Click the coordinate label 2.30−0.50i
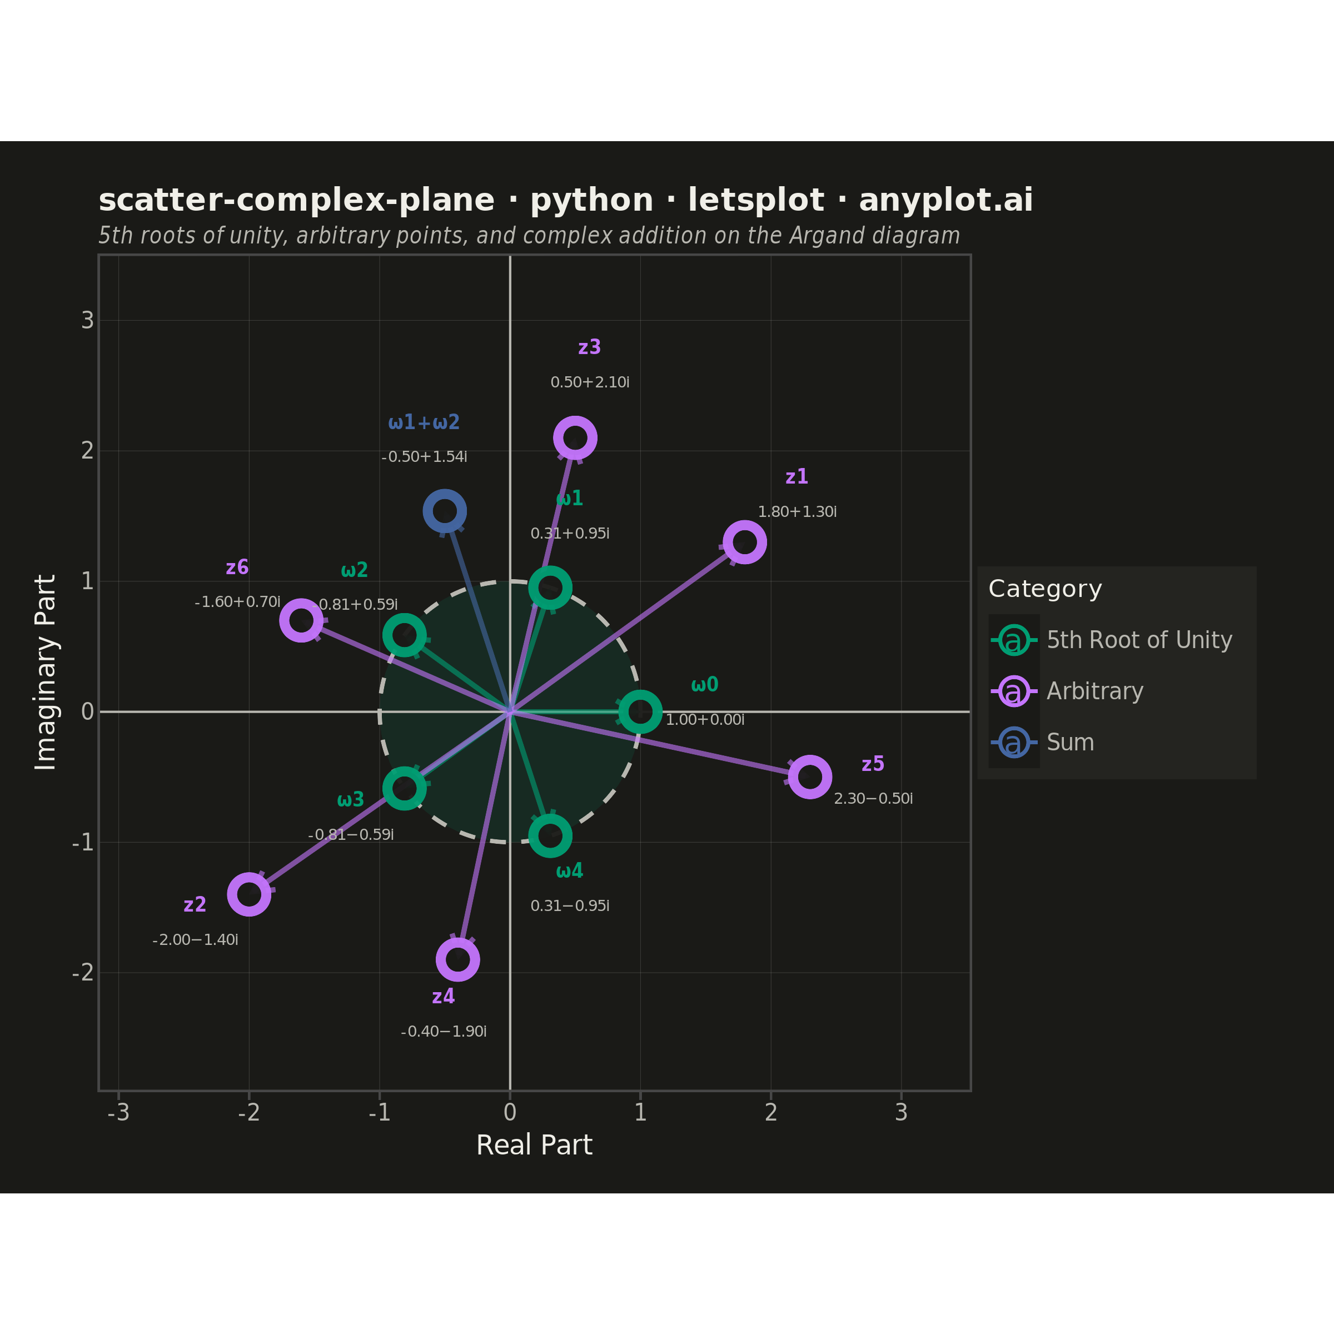(x=873, y=799)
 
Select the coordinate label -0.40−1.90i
(x=444, y=1032)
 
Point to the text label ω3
(x=351, y=800)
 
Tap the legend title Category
(x=1046, y=589)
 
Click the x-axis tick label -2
(x=248, y=1112)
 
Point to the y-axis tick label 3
(x=88, y=320)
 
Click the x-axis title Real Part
(x=534, y=1146)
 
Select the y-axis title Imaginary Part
(x=46, y=672)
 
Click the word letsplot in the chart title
(x=756, y=200)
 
